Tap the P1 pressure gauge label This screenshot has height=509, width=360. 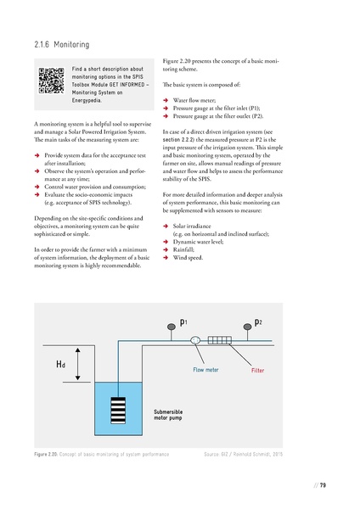tap(184, 324)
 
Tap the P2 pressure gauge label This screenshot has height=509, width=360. tap(258, 324)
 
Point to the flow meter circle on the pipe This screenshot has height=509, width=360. tap(195, 340)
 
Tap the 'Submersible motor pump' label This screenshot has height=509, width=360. tap(169, 415)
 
